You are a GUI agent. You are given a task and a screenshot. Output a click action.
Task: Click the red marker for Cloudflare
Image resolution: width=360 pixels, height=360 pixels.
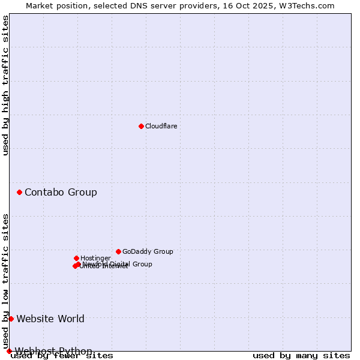pos(141,126)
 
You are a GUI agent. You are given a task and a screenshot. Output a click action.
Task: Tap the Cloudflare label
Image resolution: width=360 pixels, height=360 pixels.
pos(161,126)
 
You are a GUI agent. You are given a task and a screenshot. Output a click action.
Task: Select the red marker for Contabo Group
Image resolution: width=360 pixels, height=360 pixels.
pos(20,192)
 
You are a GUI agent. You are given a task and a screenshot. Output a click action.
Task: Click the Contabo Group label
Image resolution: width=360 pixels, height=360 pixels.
pos(61,192)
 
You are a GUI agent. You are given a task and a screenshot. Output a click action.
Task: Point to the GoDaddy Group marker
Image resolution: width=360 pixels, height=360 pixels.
pos(118,251)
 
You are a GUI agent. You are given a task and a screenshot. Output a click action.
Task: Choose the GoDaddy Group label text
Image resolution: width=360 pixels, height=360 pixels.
pos(148,251)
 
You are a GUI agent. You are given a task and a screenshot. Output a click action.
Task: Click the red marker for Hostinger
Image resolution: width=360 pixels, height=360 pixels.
pos(76,258)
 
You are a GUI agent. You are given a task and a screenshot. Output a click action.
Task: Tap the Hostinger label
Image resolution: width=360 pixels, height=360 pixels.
pos(95,258)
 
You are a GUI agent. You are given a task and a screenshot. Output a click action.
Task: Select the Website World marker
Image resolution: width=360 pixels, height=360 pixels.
pos(11,319)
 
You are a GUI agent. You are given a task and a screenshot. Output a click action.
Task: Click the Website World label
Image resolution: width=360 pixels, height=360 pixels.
pos(50,319)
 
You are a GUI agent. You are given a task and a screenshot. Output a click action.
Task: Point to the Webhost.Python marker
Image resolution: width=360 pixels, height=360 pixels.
pos(9,351)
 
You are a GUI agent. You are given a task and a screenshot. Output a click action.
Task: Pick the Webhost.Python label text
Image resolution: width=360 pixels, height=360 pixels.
pos(53,350)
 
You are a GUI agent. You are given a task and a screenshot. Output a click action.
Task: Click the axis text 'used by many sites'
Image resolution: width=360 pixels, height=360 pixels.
pos(301,355)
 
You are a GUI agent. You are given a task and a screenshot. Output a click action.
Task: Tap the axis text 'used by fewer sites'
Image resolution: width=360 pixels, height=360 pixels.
pos(62,355)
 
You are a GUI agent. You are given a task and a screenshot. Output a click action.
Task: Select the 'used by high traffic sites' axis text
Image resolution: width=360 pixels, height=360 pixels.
pos(6,85)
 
